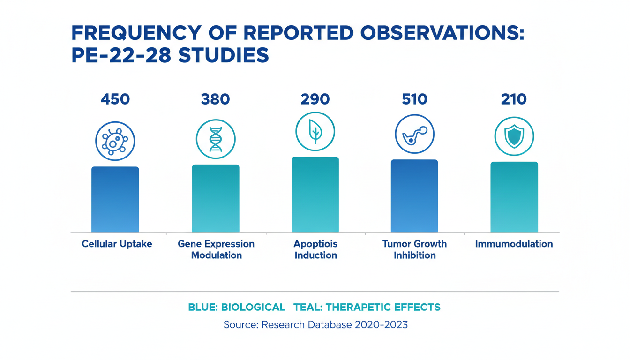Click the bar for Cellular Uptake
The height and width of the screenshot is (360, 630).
point(115,199)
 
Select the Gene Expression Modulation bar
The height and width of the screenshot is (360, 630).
point(216,198)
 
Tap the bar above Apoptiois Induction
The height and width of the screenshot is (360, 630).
point(315,195)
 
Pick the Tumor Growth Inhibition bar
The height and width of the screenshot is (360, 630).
point(414,196)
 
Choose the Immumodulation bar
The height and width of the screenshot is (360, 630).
point(514,197)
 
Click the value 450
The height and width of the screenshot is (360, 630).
point(115,99)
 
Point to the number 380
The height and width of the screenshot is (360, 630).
point(216,99)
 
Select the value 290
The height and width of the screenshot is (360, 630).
point(315,99)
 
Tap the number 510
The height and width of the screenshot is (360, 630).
point(414,99)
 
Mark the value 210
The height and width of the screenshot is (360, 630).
point(514,99)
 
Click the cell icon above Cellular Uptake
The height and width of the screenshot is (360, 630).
point(115,141)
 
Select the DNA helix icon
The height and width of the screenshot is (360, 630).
point(216,139)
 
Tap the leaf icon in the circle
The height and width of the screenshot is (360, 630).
point(315,132)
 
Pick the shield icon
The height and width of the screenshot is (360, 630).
point(514,136)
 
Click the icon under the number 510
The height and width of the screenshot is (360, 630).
point(414,135)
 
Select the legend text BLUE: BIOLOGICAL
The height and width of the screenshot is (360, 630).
point(237,307)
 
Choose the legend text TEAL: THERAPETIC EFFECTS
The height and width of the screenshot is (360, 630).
point(367,307)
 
